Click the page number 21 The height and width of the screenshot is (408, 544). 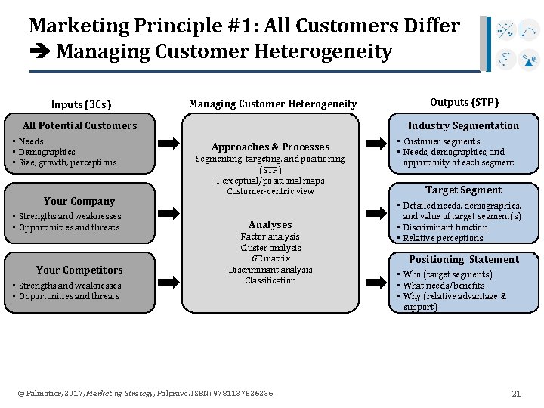pyautogui.click(x=517, y=393)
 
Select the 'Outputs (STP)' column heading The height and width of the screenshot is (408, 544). pyautogui.click(x=464, y=102)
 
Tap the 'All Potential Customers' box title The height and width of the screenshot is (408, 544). pyautogui.click(x=80, y=125)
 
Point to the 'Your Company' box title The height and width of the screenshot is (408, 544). pyautogui.click(x=79, y=201)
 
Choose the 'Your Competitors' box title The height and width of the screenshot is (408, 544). pyautogui.click(x=79, y=270)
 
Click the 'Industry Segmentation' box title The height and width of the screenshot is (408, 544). pyautogui.click(x=464, y=125)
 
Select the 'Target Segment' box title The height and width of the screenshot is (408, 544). pyautogui.click(x=463, y=190)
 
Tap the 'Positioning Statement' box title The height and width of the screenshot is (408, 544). pyautogui.click(x=464, y=259)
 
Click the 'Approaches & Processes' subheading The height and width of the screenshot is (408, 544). pyautogui.click(x=270, y=147)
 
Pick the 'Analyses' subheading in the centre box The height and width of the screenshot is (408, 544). pyautogui.click(x=270, y=224)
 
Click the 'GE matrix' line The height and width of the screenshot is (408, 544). pyautogui.click(x=270, y=258)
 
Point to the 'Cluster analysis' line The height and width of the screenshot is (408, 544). pyautogui.click(x=270, y=248)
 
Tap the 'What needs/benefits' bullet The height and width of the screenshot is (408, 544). pyautogui.click(x=444, y=286)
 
